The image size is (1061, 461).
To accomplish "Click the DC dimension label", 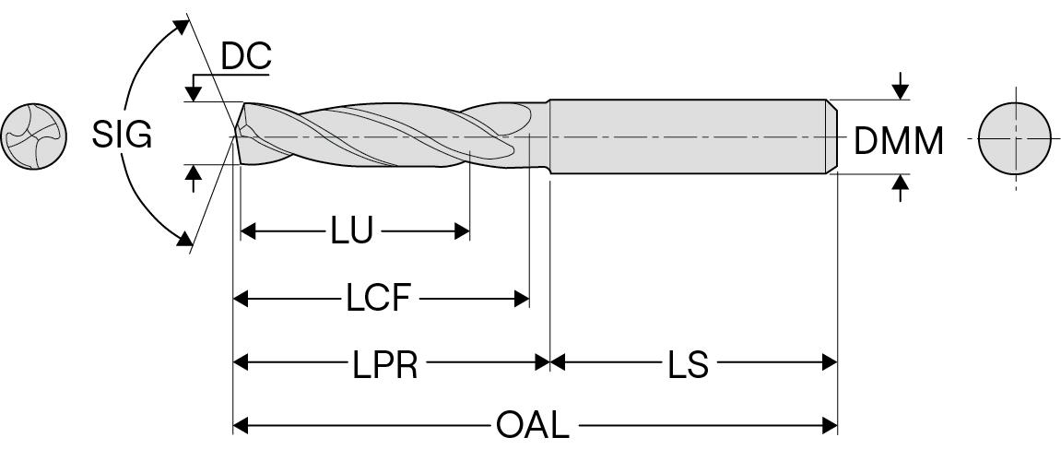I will (246, 57).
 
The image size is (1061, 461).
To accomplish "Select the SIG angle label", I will (121, 136).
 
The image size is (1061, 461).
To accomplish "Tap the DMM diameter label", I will (899, 141).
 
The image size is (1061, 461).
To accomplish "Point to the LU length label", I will (351, 231).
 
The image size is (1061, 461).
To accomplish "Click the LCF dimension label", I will (378, 299).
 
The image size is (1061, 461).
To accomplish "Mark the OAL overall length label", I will (532, 426).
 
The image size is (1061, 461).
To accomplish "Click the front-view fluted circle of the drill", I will (33, 136).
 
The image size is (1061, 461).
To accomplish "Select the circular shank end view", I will (1014, 138).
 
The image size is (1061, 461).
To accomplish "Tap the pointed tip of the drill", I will (234, 136).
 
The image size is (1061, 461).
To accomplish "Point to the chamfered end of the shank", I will (831, 136).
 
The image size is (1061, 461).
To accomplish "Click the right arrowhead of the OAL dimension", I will (830, 425).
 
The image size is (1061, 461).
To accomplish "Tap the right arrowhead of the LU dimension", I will (463, 231).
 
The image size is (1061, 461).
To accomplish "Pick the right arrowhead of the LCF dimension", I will (522, 299).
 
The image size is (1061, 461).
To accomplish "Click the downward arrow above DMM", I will (901, 90).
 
